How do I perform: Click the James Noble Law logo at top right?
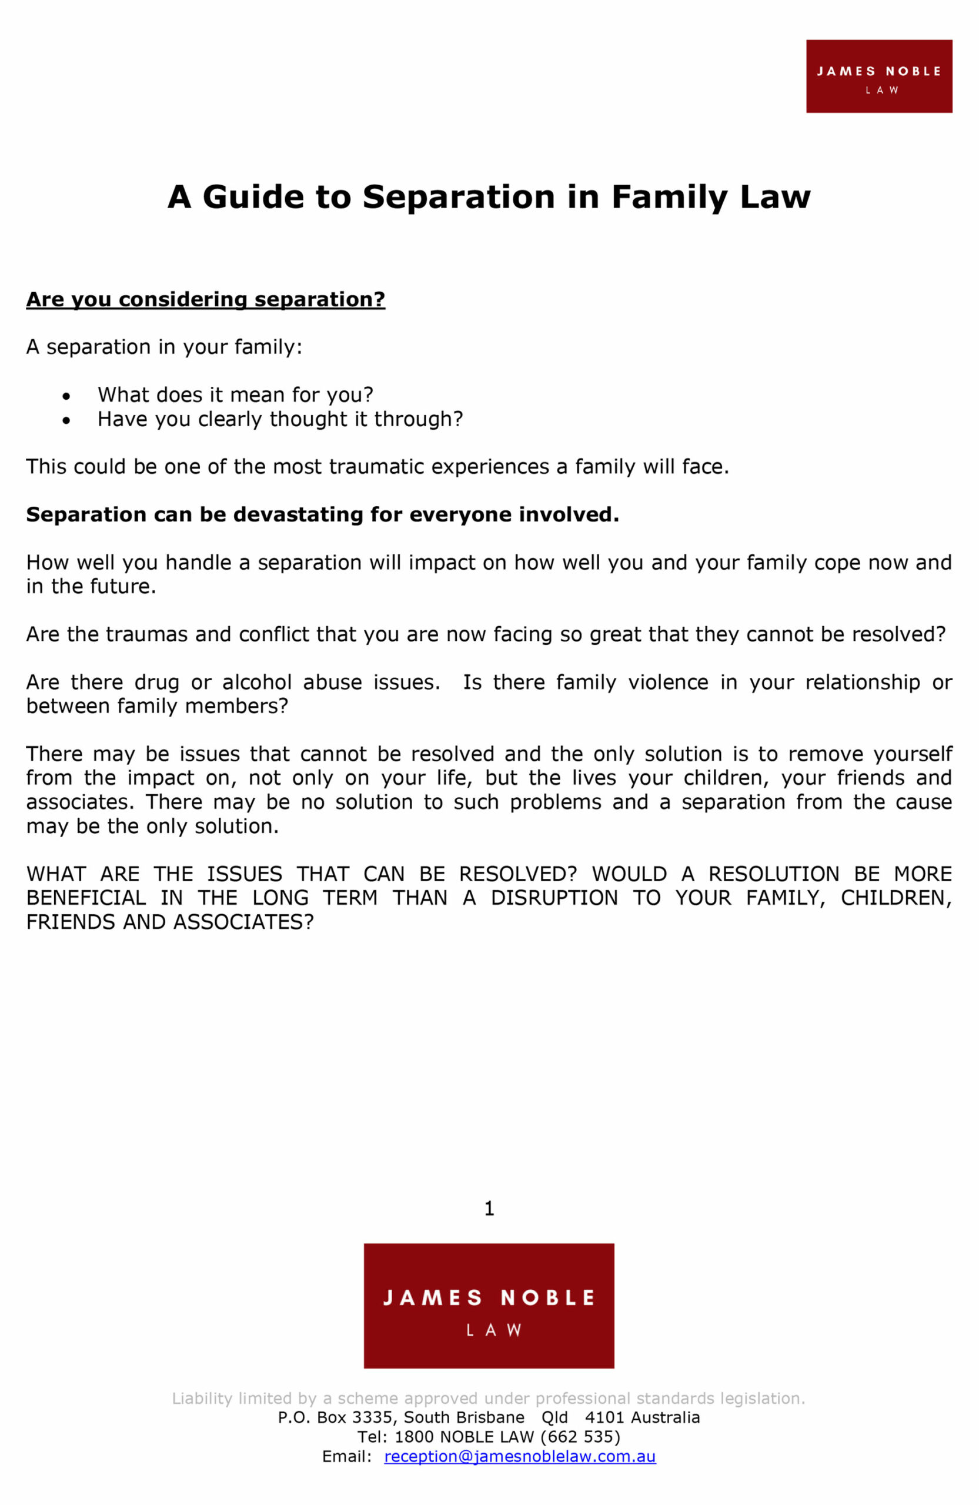(x=878, y=76)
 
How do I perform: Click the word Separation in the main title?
(x=459, y=197)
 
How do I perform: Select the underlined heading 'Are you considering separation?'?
(x=206, y=299)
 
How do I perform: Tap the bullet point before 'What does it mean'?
(x=66, y=397)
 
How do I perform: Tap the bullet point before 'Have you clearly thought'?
(x=66, y=421)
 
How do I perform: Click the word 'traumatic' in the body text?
(x=376, y=467)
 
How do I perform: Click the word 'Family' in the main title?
(x=669, y=197)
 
